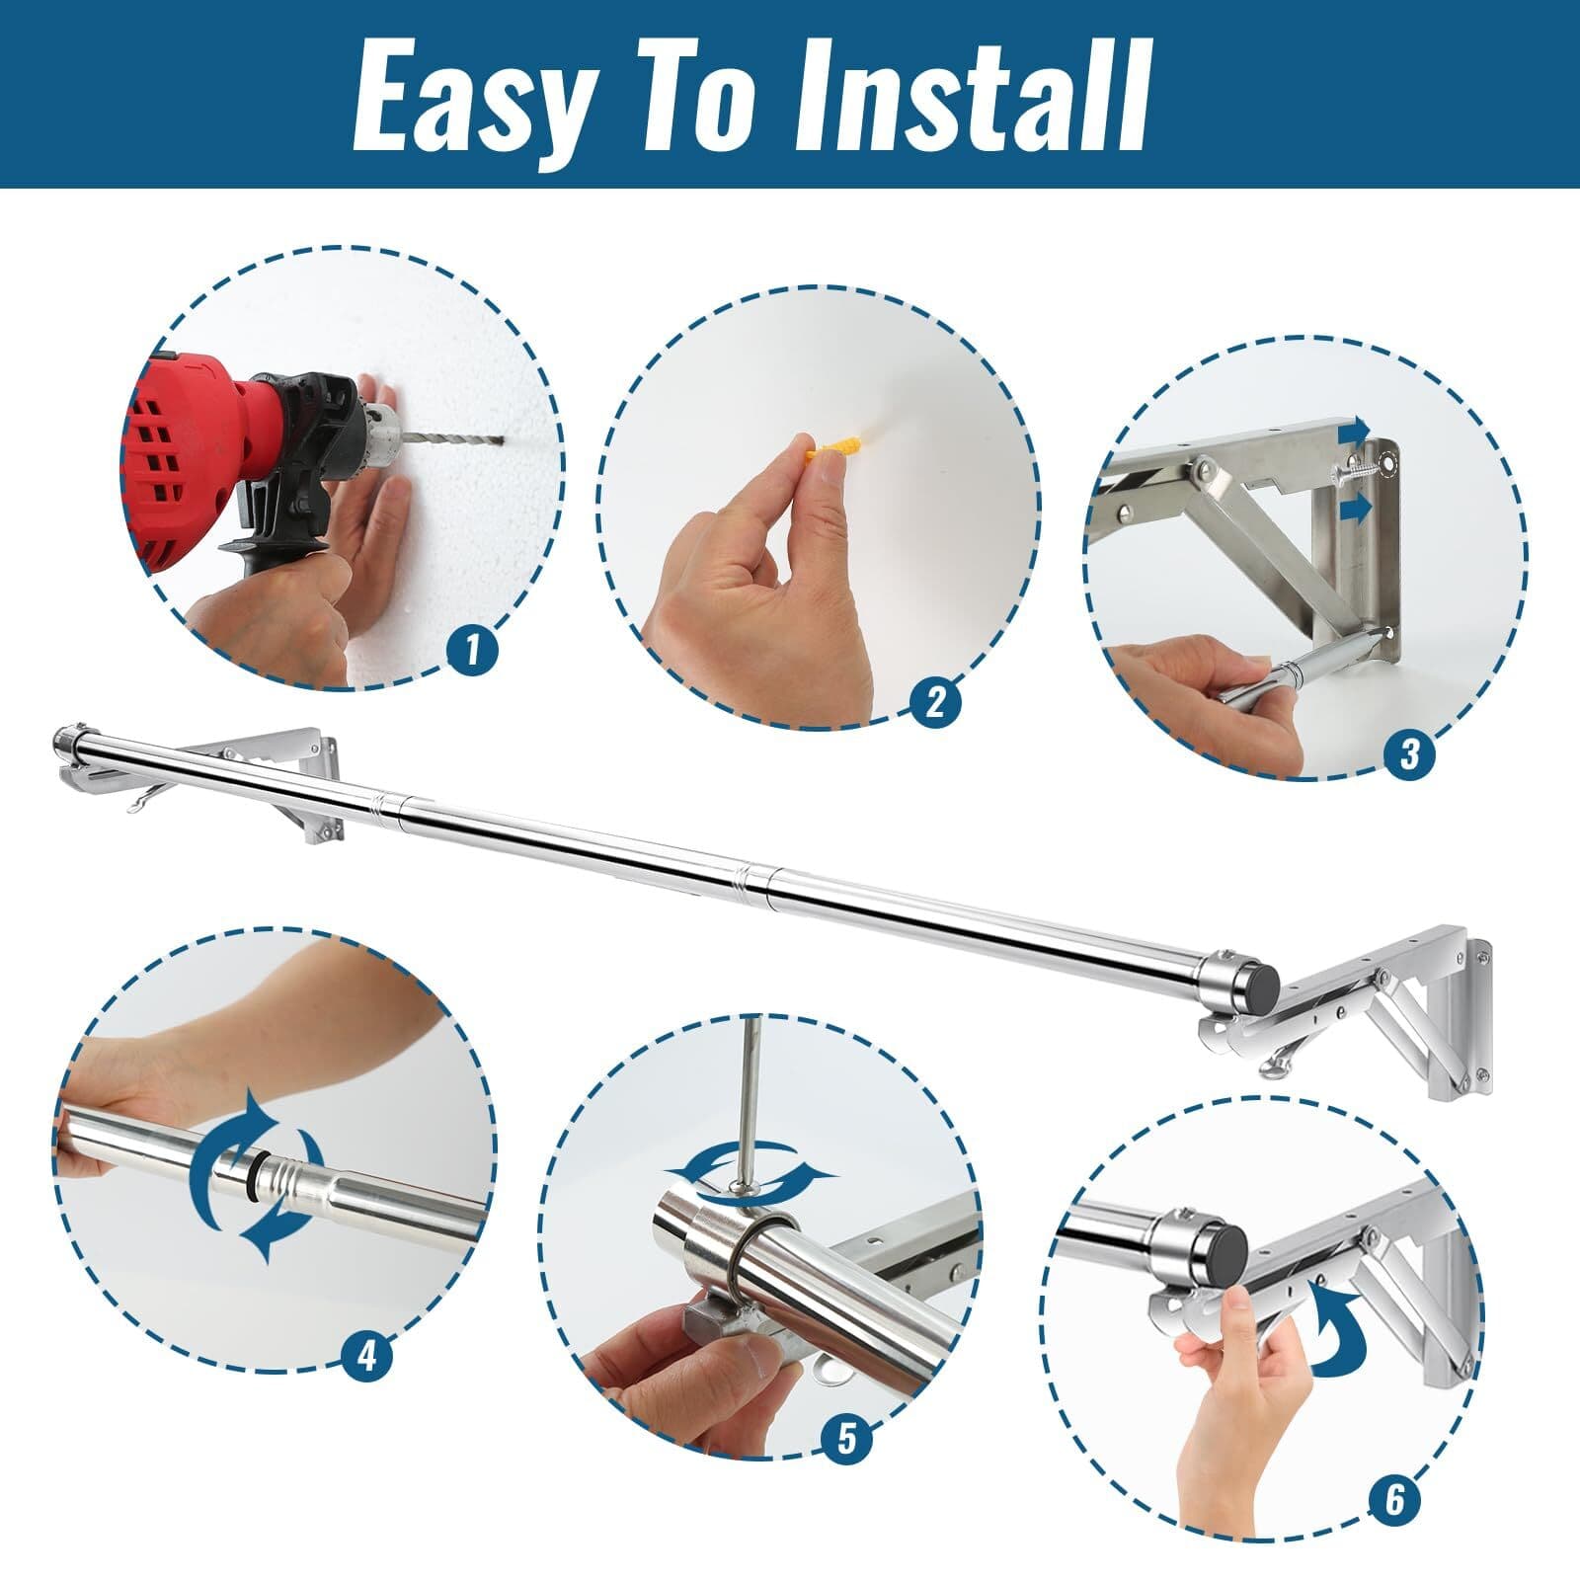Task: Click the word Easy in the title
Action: click(474, 96)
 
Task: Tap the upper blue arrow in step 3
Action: click(1354, 431)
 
